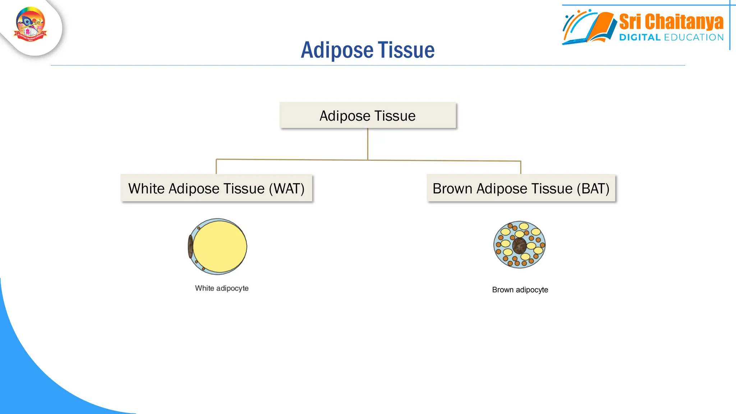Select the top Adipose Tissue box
coord(368,115)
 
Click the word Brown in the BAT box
coord(452,189)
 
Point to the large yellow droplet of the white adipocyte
coord(220,247)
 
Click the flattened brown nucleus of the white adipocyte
coord(190,247)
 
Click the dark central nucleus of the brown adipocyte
coord(519,246)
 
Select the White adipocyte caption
coord(222,288)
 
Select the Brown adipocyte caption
coord(520,290)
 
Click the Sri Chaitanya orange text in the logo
coord(671,22)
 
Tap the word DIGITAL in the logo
coord(640,37)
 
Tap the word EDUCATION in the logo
coord(694,37)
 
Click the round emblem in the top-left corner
coord(31,24)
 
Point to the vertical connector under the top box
coord(368,144)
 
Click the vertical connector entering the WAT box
coord(216,167)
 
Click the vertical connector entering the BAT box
coord(520,167)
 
